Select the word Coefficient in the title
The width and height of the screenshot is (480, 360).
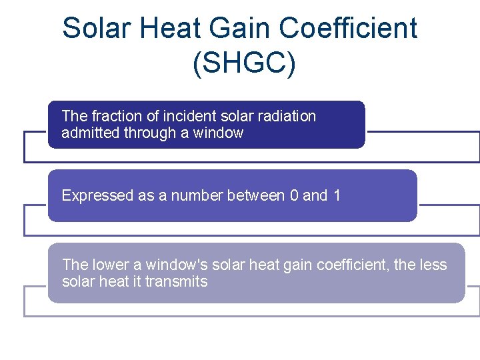click(349, 28)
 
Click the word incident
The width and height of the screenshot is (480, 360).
click(175, 116)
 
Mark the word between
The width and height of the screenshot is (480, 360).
click(256, 196)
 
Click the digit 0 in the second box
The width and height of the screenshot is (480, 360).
click(294, 196)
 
